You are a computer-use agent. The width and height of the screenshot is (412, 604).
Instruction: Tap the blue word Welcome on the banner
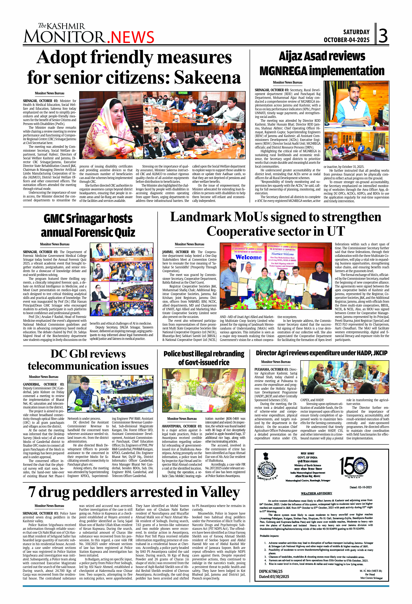point(248,257)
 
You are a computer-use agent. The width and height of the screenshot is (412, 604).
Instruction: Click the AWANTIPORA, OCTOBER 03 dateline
point(182,426)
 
